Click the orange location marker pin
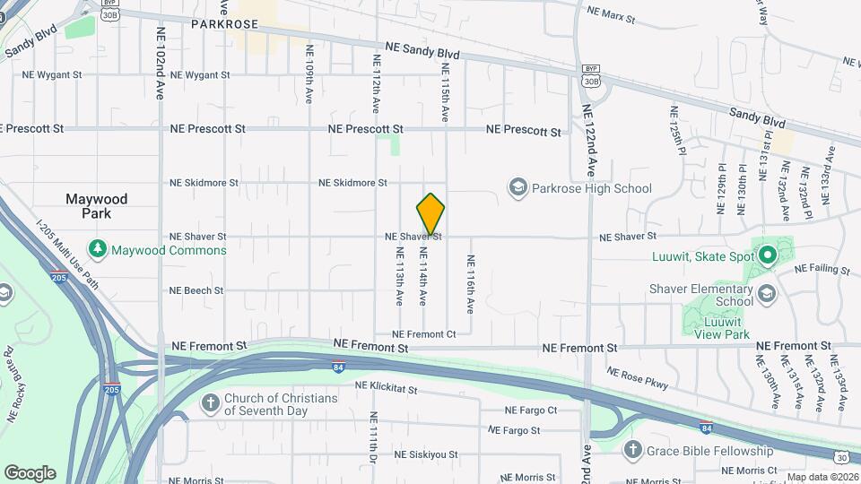pos(430,214)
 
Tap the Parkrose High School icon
pos(517,188)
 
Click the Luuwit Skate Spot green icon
pos(768,255)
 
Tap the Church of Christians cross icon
pos(210,404)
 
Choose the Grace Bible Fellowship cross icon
pos(633,450)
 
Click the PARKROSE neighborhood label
pos(224,25)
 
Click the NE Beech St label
pos(196,290)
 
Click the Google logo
pos(30,472)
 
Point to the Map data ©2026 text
pos(822,477)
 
